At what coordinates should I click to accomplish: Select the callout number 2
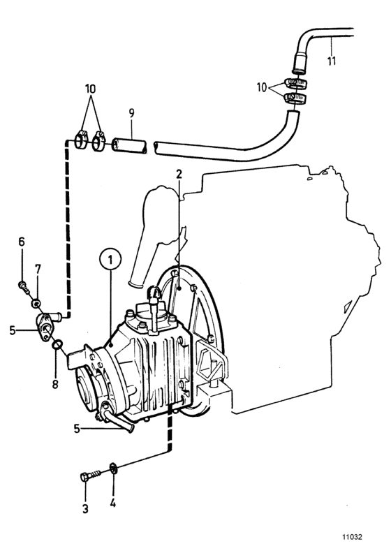point(179,174)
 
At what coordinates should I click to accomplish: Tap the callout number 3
point(86,509)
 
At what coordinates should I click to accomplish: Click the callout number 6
point(22,242)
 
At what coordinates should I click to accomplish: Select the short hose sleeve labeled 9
point(131,147)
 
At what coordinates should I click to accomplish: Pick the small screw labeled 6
point(22,284)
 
